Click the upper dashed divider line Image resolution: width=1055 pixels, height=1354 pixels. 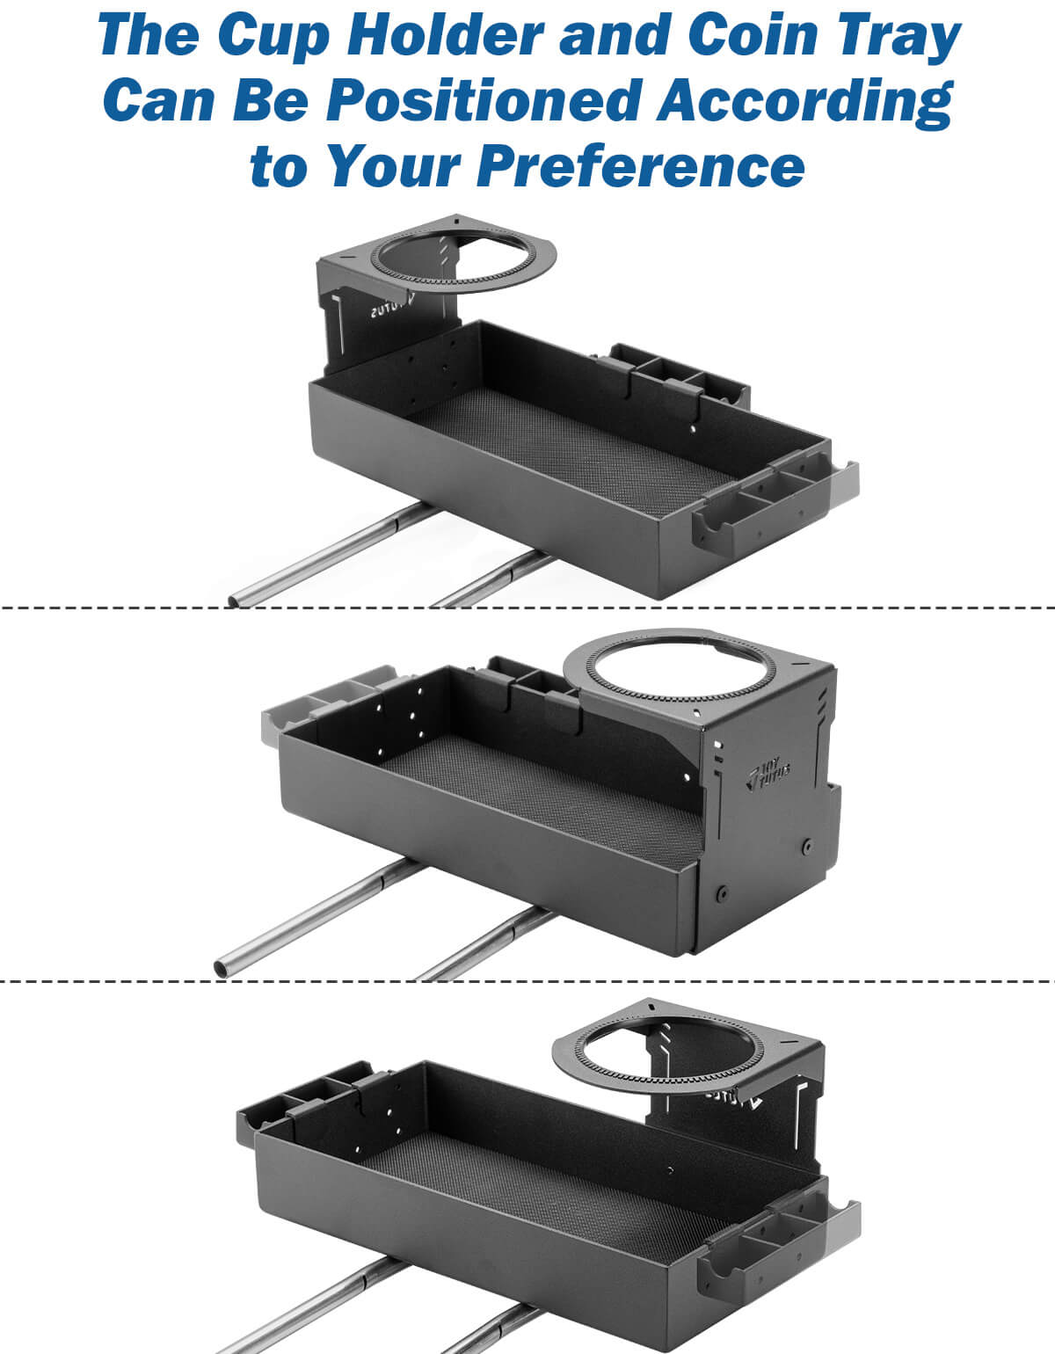click(x=527, y=608)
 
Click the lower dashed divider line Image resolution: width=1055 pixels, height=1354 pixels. click(x=527, y=980)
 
